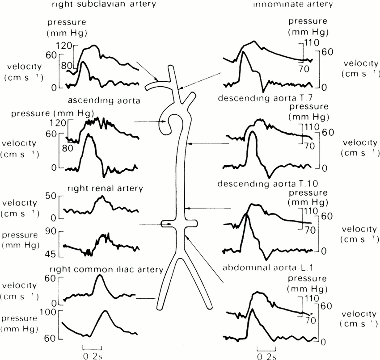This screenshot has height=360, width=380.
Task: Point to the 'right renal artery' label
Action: point(105,188)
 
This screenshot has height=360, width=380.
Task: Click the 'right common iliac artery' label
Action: point(106,270)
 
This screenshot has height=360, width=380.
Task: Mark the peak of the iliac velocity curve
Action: point(99,276)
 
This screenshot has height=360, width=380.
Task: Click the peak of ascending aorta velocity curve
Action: point(90,135)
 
